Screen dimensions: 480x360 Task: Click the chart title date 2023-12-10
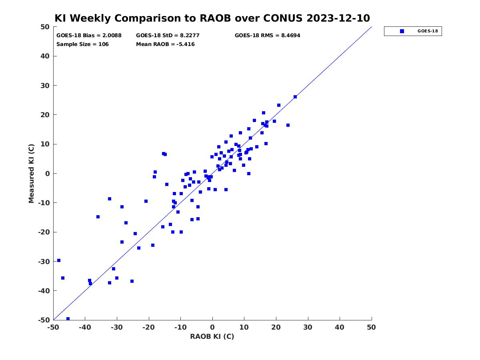coord(338,18)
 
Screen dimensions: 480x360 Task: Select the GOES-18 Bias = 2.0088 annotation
coord(89,36)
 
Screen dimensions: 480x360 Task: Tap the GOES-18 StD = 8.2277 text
coord(168,36)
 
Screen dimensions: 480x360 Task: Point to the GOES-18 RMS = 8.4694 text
coord(267,36)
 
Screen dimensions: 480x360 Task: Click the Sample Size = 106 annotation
coord(82,44)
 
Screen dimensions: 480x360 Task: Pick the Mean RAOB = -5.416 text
coord(165,44)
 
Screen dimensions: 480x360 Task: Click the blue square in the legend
coord(402,31)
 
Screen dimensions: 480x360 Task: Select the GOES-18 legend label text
coord(428,31)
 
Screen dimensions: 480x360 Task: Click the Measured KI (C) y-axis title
coord(31,173)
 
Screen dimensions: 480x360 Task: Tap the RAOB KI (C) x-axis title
coord(212,336)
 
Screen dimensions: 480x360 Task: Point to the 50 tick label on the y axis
coord(45,27)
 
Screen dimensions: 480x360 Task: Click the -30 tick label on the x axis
coord(116,328)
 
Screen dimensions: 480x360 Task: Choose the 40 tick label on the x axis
coord(339,328)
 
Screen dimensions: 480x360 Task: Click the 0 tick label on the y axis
coord(48,174)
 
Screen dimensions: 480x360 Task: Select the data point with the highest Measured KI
coord(295,97)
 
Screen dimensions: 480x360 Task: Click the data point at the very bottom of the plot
coord(68,319)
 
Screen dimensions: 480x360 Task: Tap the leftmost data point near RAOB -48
coord(59,260)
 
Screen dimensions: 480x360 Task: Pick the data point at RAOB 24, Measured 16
coord(288,125)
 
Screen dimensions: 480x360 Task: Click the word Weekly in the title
coord(90,18)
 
